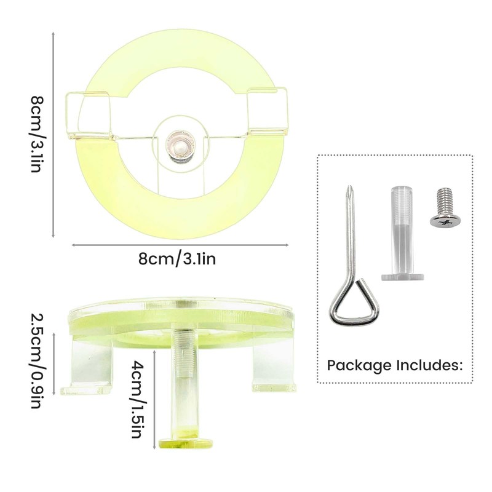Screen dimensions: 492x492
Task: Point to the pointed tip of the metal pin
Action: point(350,188)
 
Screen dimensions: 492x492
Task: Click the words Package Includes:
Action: point(394,365)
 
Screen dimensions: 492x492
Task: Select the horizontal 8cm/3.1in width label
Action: point(177,259)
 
